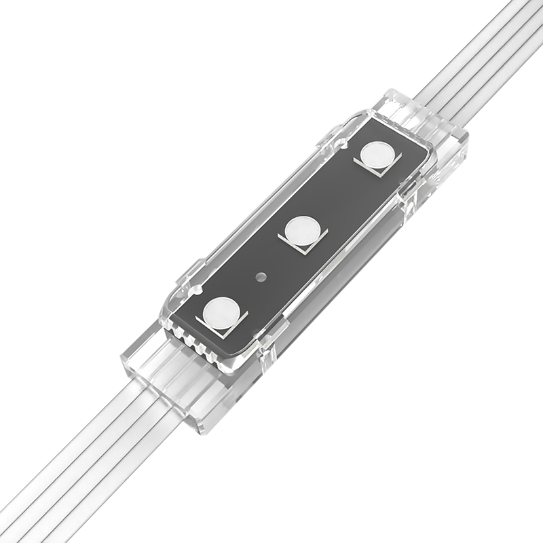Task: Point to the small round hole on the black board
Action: pyautogui.click(x=260, y=277)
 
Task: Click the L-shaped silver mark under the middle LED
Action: pyautogui.click(x=307, y=246)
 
